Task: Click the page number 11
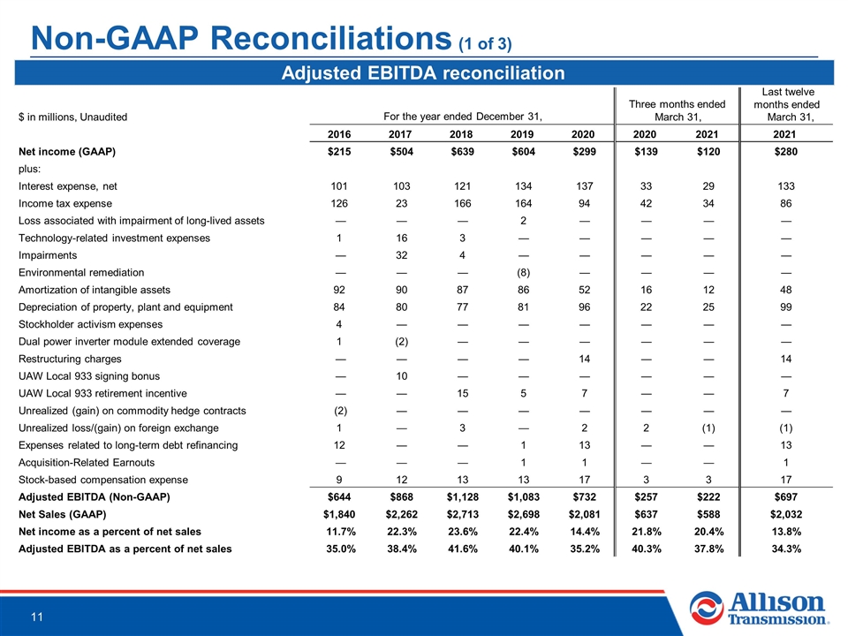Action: [37, 617]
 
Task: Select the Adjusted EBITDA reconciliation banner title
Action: [423, 73]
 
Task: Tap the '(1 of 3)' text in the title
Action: [485, 44]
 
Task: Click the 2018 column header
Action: [461, 134]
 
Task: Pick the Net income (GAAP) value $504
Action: [401, 151]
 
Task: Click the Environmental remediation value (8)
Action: [523, 273]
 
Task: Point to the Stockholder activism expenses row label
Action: [90, 324]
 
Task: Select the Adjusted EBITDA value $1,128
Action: [462, 497]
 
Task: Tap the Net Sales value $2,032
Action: [786, 514]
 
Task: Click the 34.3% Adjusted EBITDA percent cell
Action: [786, 549]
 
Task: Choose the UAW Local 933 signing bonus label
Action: [89, 376]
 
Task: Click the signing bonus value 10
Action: [401, 376]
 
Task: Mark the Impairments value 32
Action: [401, 255]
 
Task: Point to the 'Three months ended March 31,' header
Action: [678, 110]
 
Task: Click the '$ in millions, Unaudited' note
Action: [73, 117]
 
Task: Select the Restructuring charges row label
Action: [70, 360]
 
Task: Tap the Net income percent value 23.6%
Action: [462, 532]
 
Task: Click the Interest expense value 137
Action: [584, 186]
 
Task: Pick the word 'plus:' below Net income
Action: [30, 169]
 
